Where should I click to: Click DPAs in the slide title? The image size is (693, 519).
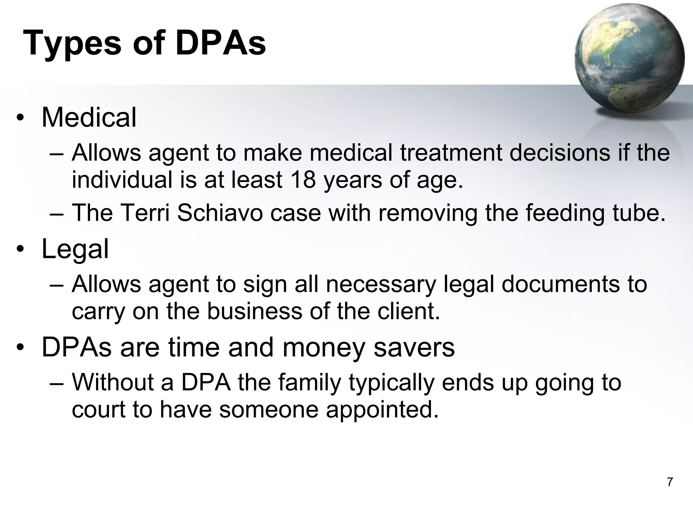click(x=221, y=43)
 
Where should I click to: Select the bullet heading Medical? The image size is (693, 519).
click(x=89, y=117)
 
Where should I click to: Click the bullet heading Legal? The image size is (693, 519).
click(x=75, y=249)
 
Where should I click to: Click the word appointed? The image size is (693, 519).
click(x=382, y=409)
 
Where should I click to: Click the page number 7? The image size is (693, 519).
click(x=670, y=482)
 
